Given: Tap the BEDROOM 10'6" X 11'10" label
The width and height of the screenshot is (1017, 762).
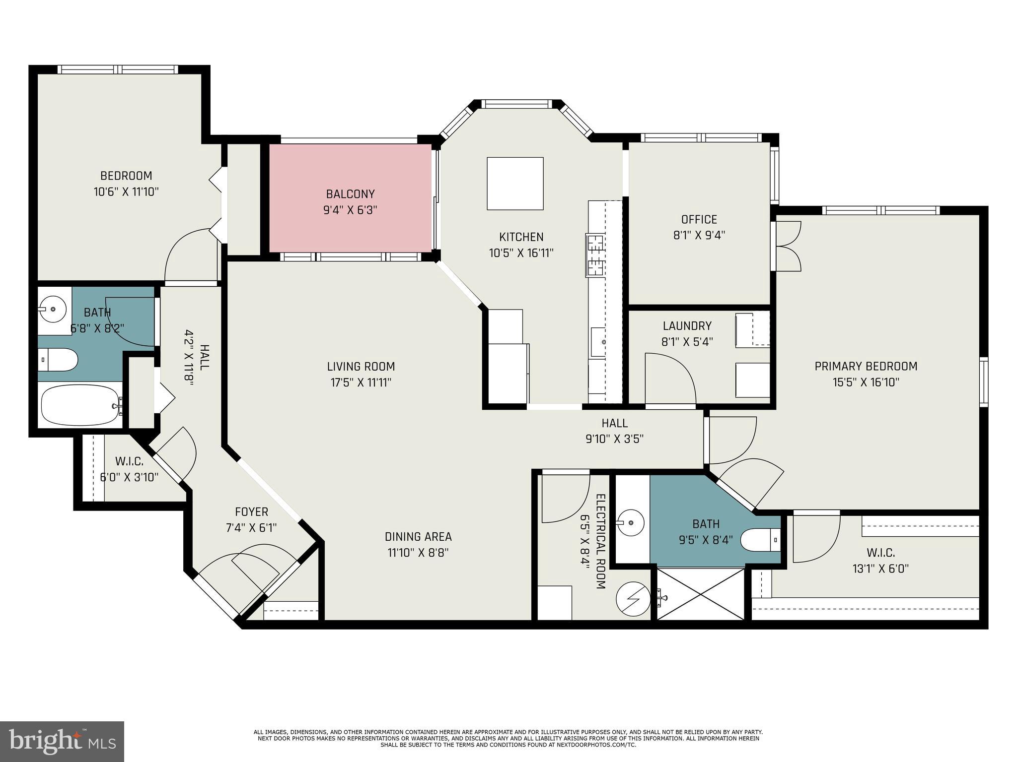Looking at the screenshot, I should [x=126, y=184].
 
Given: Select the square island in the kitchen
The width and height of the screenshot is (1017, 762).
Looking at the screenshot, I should [x=515, y=184].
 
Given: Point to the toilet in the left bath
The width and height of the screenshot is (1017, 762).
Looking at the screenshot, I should [x=58, y=360].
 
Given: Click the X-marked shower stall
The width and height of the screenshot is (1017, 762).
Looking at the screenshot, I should [x=701, y=594].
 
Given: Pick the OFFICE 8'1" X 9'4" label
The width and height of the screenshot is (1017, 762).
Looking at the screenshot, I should [x=699, y=227].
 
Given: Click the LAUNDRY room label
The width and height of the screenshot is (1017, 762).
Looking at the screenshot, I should [x=687, y=326].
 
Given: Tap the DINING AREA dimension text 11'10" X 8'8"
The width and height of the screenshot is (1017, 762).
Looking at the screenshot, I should [x=418, y=553].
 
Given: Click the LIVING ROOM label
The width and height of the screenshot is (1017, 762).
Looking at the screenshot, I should [x=361, y=367].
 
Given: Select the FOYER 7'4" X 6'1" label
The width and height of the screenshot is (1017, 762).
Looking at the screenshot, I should [x=251, y=519].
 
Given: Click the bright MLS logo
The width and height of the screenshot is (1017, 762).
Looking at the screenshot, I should [x=62, y=741].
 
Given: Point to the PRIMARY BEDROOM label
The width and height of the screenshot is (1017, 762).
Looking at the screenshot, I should [x=866, y=366].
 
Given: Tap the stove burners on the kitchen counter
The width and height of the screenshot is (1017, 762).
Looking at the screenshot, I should [x=595, y=255].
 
